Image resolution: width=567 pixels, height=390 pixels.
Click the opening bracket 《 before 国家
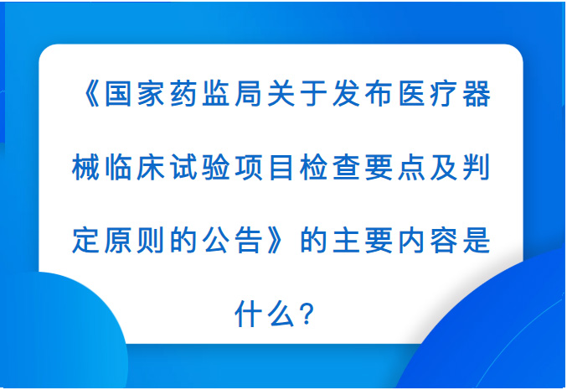91,94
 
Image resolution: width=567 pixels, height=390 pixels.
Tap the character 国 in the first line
118,94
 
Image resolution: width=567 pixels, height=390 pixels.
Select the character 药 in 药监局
183,94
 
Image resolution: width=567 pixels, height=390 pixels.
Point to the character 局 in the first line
249,94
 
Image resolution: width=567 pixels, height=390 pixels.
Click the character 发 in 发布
347,94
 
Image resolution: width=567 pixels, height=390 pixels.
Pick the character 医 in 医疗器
412,94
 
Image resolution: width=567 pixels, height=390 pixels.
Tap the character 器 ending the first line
477,94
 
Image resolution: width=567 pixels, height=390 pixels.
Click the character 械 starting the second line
85,167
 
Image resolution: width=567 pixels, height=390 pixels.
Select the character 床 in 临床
151,167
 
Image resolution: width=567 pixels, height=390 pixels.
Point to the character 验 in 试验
216,167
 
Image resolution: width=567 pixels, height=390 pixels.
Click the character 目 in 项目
281,167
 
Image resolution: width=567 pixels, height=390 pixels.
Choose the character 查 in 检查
347,167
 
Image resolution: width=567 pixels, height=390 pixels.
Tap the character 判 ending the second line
477,167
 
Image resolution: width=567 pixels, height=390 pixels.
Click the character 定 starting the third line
85,241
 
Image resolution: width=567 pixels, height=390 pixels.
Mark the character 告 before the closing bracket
249,241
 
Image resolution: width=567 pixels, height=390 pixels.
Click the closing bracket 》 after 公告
276,241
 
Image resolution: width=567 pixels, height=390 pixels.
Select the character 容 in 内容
445,241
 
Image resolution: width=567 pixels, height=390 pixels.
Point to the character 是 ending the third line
477,241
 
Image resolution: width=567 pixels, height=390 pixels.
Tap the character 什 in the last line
249,314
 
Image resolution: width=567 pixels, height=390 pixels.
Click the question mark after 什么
307,315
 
